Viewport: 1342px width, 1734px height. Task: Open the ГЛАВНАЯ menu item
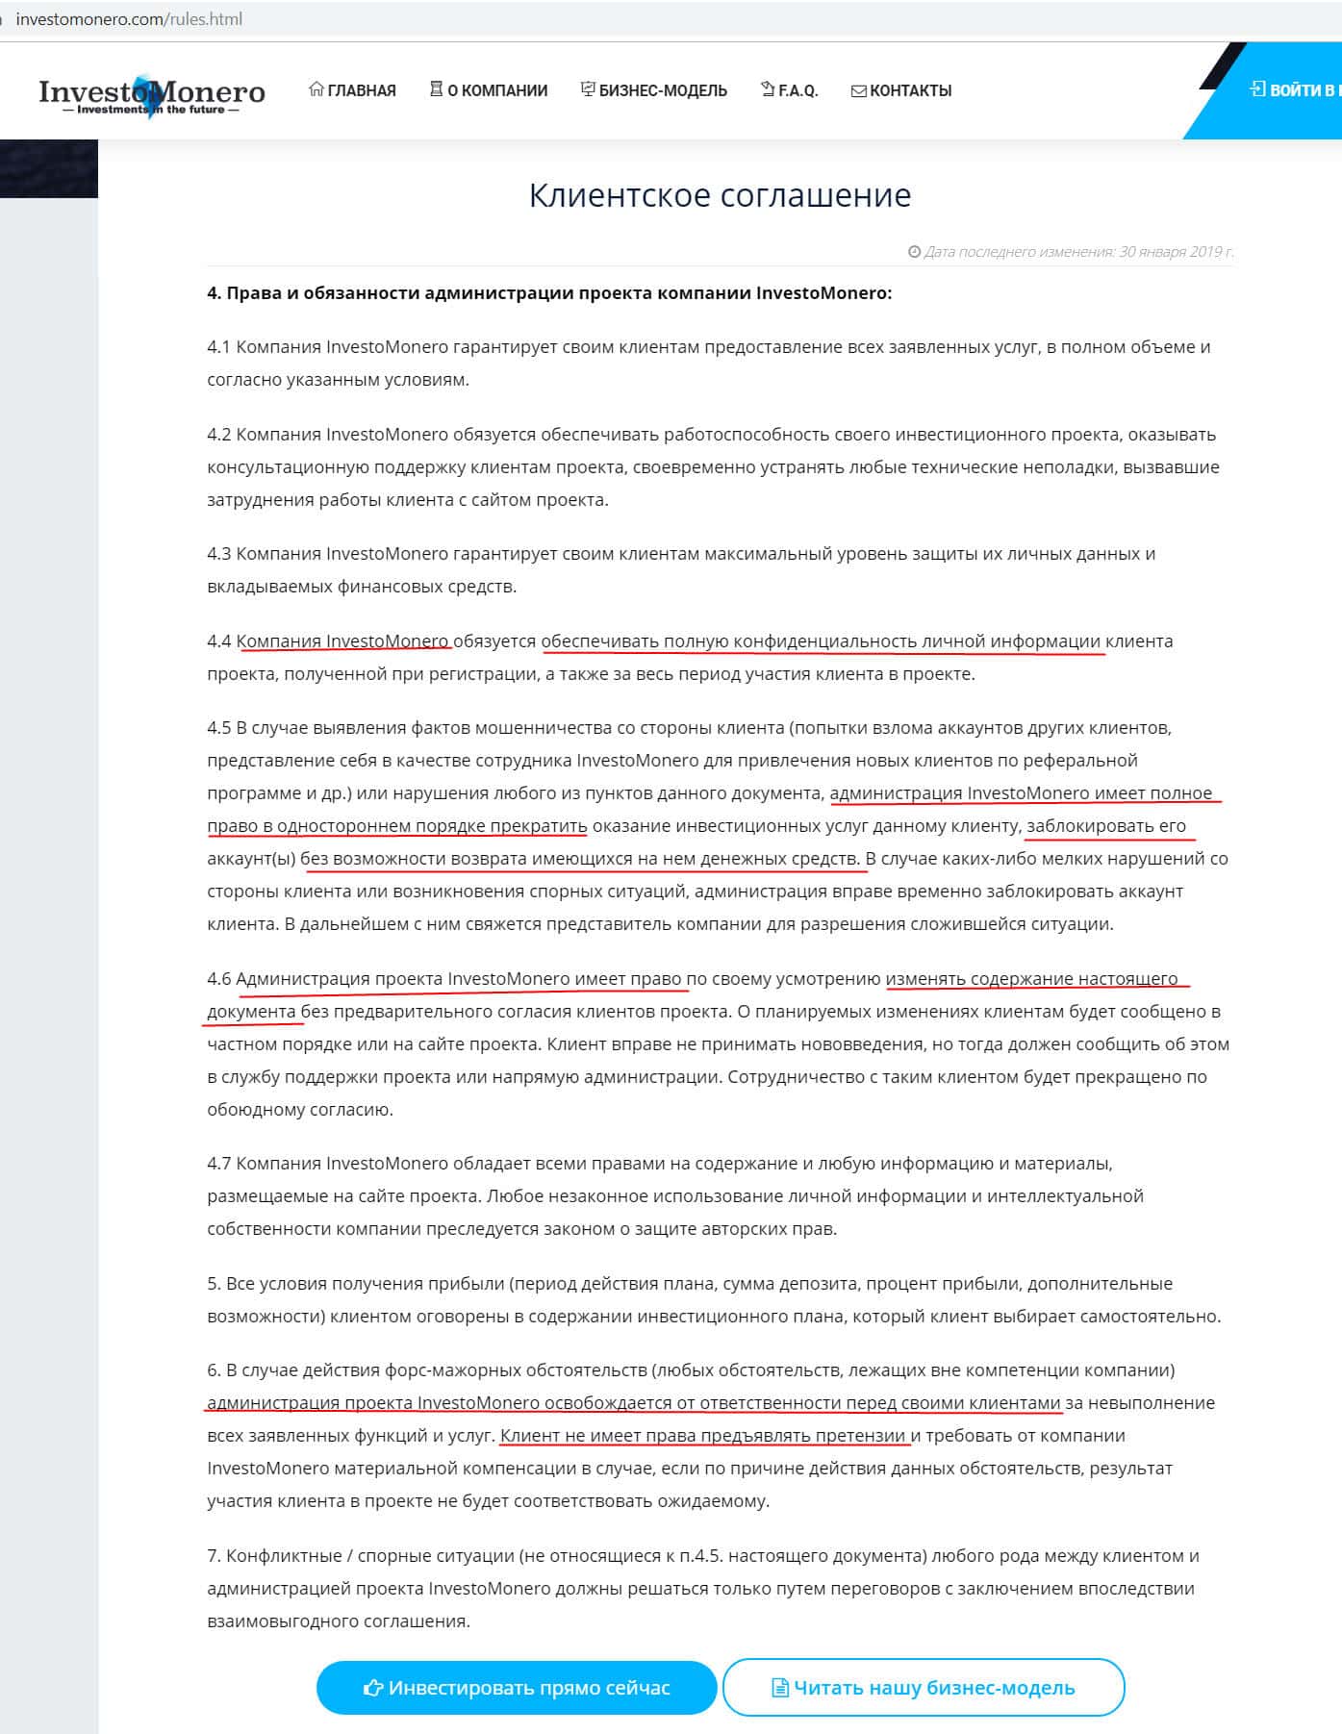click(352, 90)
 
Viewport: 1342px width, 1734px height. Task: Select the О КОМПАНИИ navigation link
click(489, 90)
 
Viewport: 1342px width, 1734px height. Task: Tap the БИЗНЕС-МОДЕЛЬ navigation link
click(654, 90)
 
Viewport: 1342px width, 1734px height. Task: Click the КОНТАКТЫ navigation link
click(901, 90)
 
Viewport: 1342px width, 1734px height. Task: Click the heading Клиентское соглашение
click(720, 195)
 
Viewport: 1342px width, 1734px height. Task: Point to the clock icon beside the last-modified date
click(914, 252)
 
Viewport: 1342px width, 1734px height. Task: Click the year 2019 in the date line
click(1204, 252)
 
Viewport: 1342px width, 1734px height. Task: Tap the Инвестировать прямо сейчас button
click(517, 1687)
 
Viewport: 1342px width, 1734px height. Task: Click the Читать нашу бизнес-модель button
click(924, 1687)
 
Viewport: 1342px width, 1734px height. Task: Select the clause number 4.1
click(219, 347)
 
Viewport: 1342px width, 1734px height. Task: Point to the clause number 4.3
click(219, 554)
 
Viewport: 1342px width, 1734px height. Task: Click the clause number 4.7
click(219, 1164)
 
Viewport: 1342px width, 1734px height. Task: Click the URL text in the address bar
click(129, 19)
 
